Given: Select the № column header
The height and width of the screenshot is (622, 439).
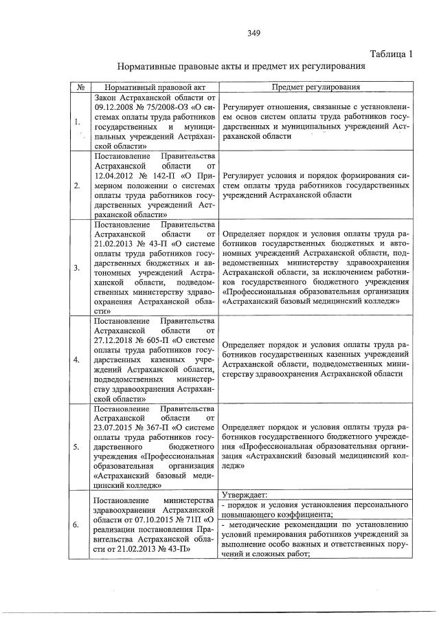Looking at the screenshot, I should tap(81, 88).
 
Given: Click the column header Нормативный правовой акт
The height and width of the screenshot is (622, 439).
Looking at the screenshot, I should tap(154, 88).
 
